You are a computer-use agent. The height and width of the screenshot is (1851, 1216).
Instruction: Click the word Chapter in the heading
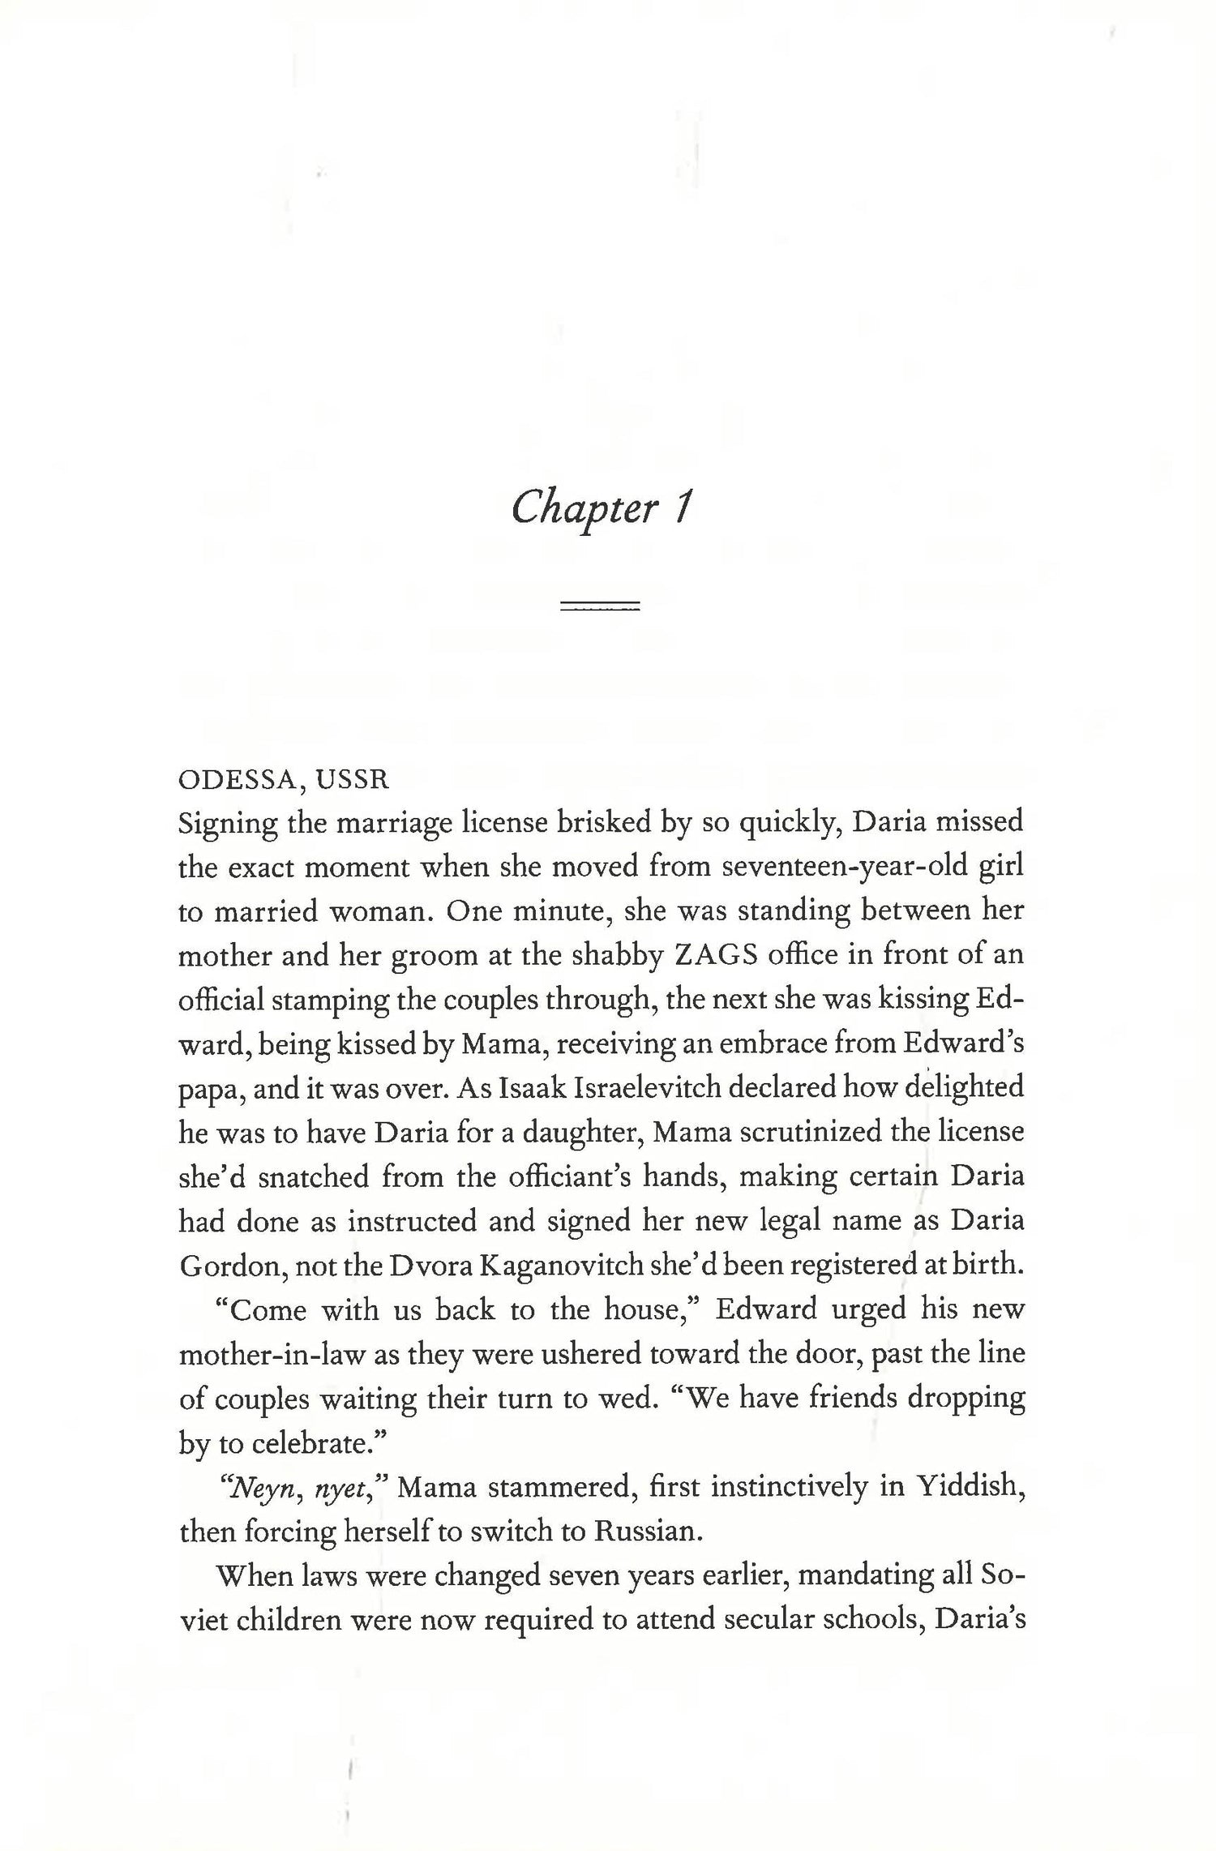point(584,509)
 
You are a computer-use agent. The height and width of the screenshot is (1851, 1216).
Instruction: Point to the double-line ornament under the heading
point(601,606)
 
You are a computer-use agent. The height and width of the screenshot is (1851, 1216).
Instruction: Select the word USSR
point(353,780)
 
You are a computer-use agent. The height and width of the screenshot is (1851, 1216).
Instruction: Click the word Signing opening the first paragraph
point(227,824)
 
